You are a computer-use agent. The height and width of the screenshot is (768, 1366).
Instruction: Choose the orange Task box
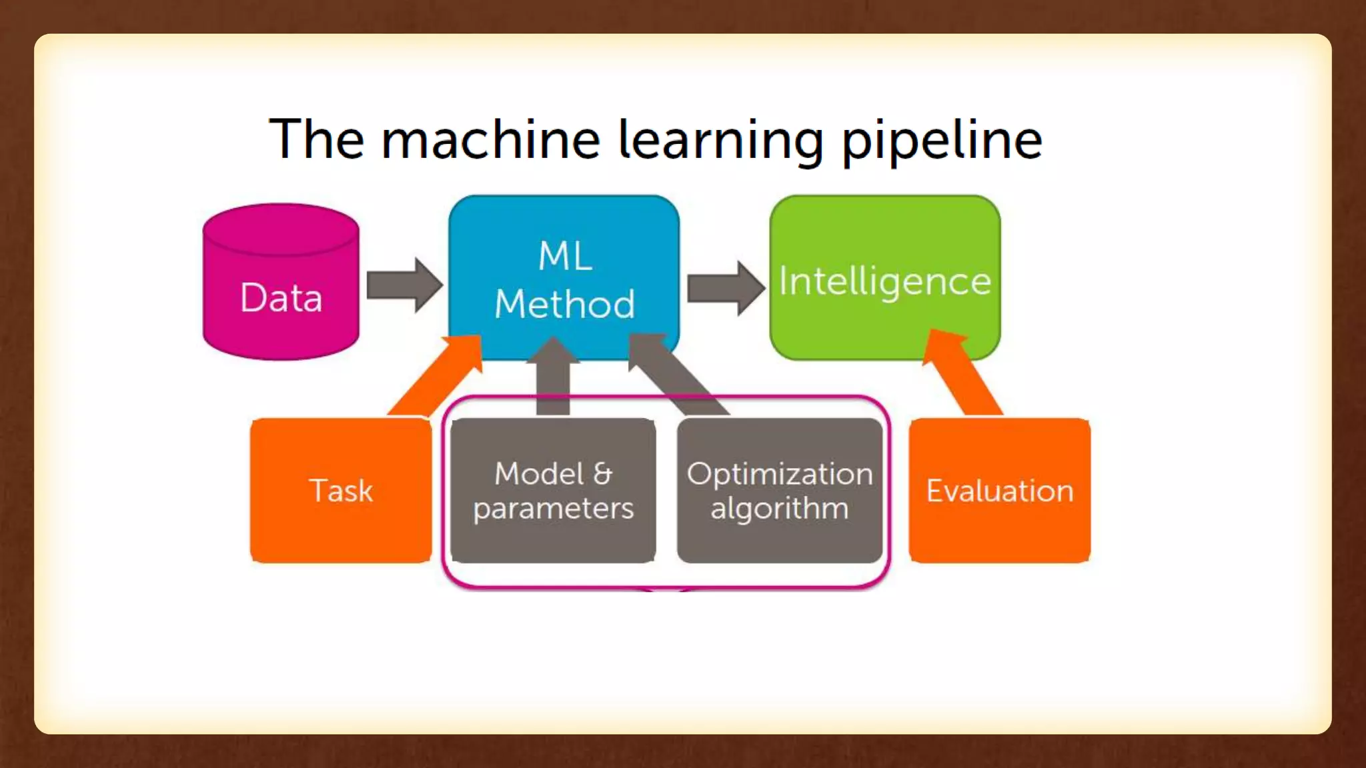tap(341, 491)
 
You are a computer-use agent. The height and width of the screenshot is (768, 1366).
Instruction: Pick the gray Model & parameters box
tap(553, 491)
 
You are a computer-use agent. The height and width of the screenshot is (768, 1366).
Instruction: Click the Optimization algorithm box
tap(780, 491)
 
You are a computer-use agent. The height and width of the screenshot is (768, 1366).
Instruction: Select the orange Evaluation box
tap(999, 491)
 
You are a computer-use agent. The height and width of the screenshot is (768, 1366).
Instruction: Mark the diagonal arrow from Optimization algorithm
tap(677, 373)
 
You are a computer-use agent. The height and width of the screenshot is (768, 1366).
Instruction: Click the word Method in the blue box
tap(564, 304)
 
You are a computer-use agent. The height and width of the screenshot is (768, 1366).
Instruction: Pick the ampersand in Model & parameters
tap(602, 474)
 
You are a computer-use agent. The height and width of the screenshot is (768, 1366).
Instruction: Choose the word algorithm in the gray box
tap(780, 509)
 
